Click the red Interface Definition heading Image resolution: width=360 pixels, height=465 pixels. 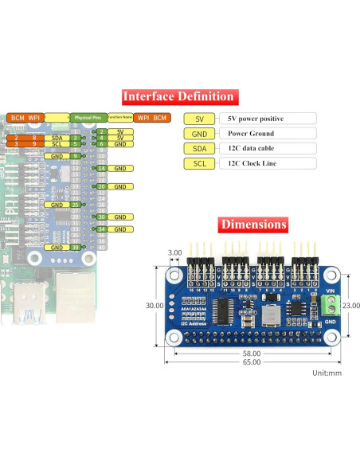178,97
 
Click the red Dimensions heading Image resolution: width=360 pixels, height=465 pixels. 253,225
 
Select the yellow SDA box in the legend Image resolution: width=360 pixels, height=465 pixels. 198,149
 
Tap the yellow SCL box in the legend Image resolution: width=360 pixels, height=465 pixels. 198,164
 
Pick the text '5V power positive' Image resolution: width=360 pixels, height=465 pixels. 255,119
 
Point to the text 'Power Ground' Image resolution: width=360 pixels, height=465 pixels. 251,134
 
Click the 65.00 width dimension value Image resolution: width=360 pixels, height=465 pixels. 252,362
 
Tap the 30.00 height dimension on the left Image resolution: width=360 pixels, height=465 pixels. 155,305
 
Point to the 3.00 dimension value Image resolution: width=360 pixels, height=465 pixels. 175,252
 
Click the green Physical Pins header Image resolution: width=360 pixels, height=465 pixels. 87,117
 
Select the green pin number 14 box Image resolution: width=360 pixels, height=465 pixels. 102,168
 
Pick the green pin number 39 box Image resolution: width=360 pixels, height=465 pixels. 74,248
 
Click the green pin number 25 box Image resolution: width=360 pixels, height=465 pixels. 74,205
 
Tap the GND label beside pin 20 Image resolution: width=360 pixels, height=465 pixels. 119,186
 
